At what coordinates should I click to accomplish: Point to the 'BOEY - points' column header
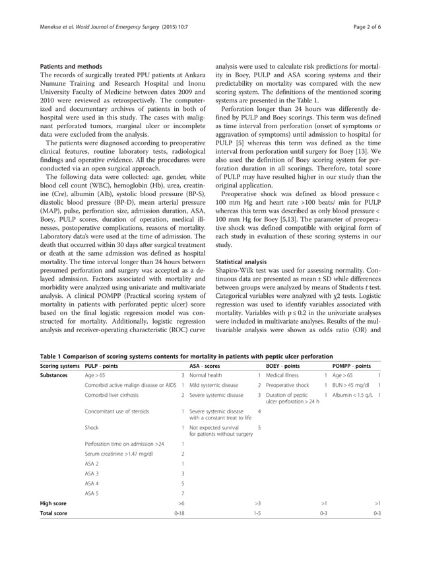pos(284,365)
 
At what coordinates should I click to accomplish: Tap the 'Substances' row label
pos(55,375)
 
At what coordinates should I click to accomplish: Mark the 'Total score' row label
pos(55,513)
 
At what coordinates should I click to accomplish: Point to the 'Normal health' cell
pos(207,375)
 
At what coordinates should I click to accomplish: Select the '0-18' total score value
pos(179,513)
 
